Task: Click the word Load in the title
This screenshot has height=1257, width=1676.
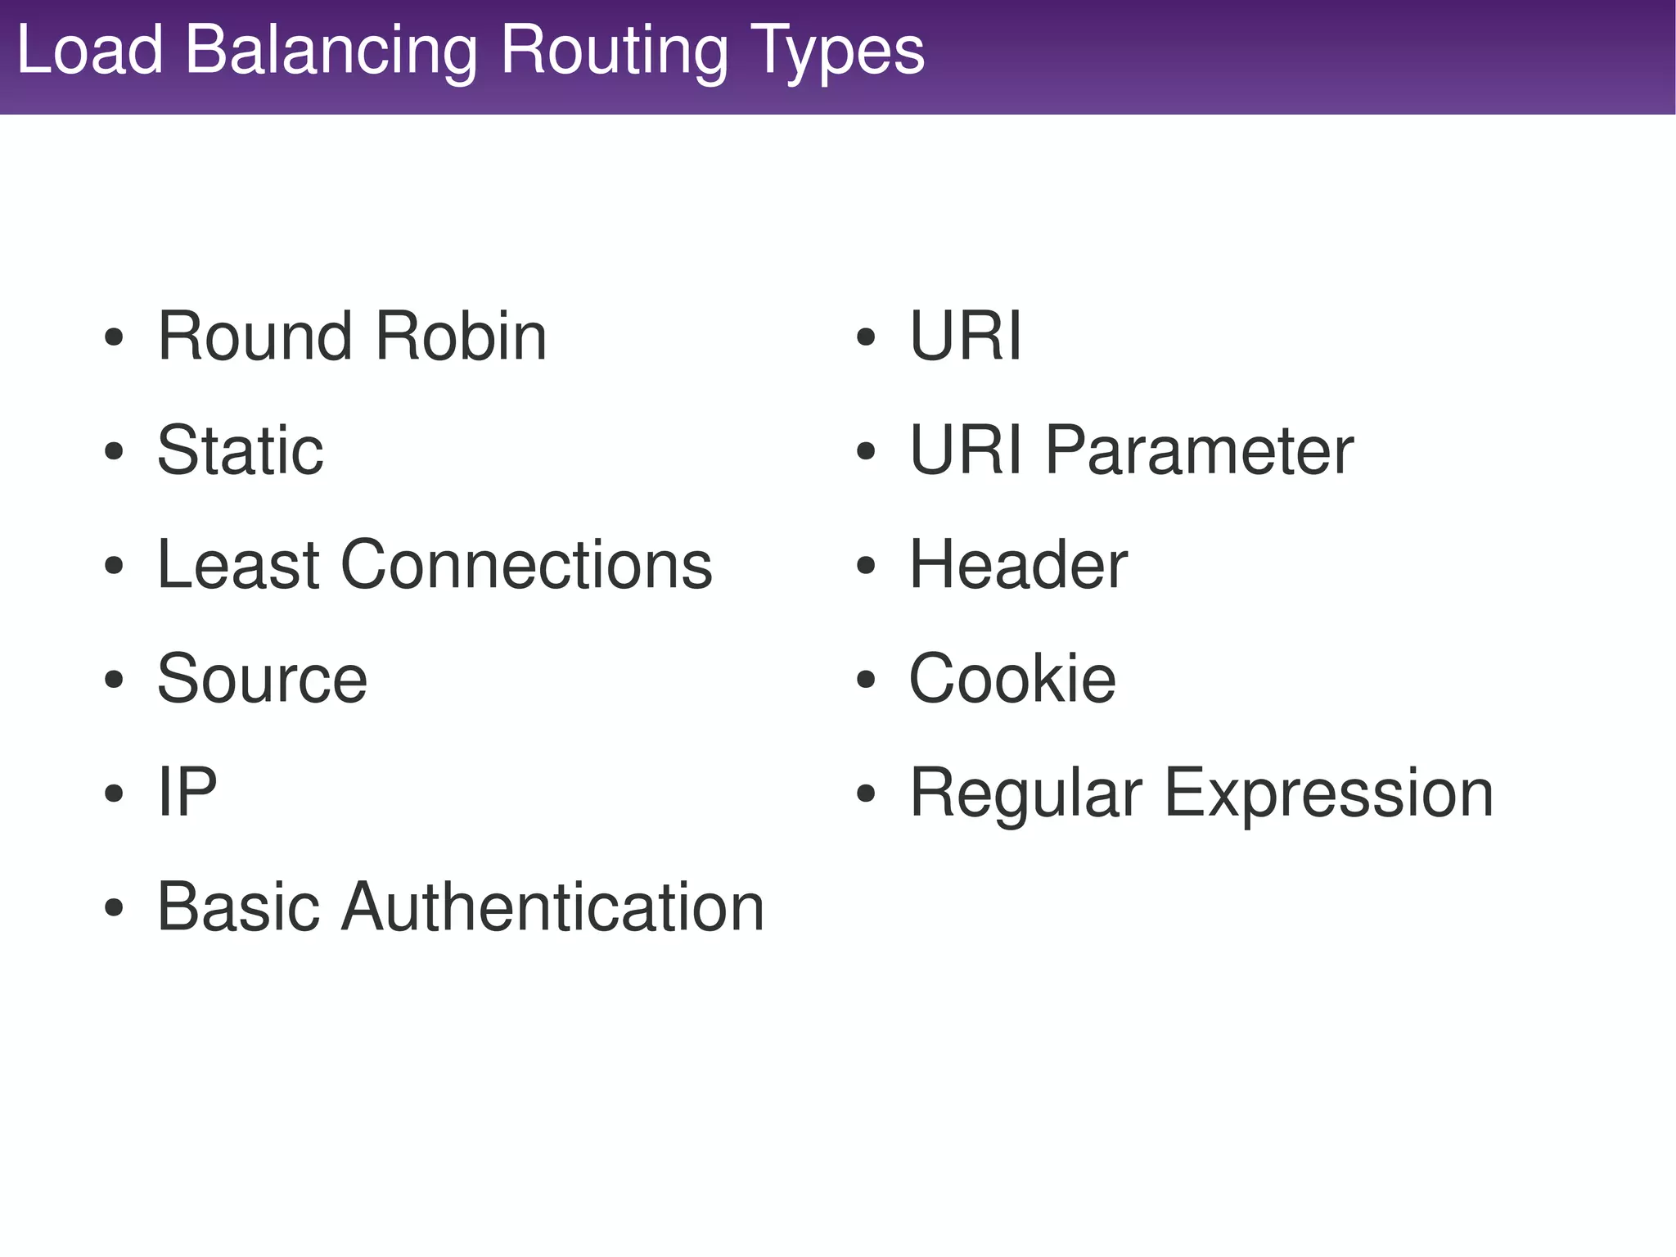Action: tap(90, 51)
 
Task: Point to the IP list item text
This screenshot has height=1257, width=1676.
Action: tap(187, 792)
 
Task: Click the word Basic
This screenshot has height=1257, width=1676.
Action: tap(237, 907)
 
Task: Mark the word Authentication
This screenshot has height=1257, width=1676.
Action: tap(552, 907)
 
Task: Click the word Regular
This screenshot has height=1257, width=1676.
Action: tap(1025, 794)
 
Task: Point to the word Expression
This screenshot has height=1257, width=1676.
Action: tap(1328, 794)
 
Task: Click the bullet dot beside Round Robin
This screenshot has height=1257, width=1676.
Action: tap(114, 337)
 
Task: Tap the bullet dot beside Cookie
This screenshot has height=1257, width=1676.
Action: tap(866, 680)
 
